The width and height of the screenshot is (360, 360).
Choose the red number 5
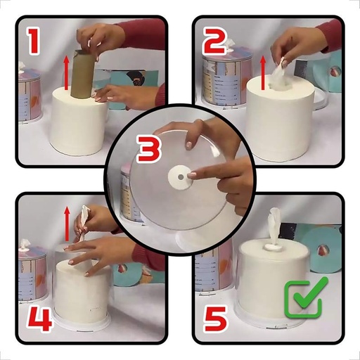(x=217, y=318)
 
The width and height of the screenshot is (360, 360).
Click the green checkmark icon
(x=304, y=299)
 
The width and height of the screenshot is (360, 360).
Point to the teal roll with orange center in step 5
(x=326, y=250)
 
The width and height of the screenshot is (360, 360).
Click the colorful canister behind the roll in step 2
(x=225, y=77)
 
